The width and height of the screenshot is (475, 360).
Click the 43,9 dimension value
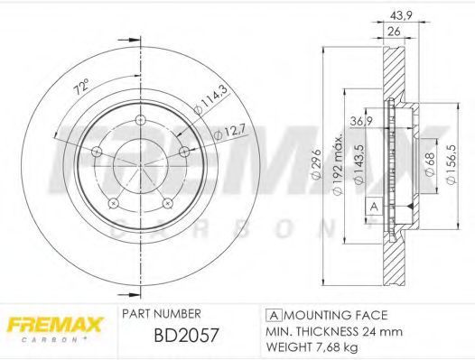pyautogui.click(x=400, y=15)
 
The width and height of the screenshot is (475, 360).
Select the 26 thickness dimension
pyautogui.click(x=394, y=32)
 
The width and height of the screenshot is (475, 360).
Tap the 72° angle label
pyautogui.click(x=82, y=87)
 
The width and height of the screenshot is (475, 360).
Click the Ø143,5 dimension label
pyautogui.click(x=359, y=164)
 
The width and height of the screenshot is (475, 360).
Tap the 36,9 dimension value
pyautogui.click(x=361, y=122)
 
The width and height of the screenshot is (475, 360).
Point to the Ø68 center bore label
pyautogui.click(x=430, y=164)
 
